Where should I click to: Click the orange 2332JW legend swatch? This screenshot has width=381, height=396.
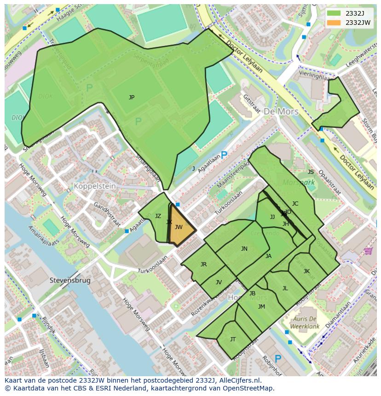point(335,23)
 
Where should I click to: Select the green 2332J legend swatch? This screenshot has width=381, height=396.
point(335,13)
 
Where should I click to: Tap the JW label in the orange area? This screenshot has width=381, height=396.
point(179,227)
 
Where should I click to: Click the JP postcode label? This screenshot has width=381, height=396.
point(132,98)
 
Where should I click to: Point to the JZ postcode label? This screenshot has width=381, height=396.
point(158,216)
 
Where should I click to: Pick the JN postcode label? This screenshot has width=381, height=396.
point(244,249)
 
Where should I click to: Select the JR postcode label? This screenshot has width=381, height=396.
point(203,264)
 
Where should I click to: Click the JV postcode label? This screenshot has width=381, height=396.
point(219,282)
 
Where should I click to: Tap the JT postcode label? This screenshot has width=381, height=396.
point(233,339)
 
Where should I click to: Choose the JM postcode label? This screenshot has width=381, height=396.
point(261,307)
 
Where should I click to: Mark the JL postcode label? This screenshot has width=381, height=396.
point(285,288)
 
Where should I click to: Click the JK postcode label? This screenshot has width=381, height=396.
point(306,271)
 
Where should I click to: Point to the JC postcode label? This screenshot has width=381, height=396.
point(295,204)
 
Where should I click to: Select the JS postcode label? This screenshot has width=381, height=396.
point(311,172)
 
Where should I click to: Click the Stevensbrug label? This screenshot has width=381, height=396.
point(70,280)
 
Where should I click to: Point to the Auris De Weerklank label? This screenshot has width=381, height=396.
point(303,322)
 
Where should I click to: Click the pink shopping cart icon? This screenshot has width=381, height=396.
point(368,251)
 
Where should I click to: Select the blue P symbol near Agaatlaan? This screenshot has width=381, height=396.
point(224,155)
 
